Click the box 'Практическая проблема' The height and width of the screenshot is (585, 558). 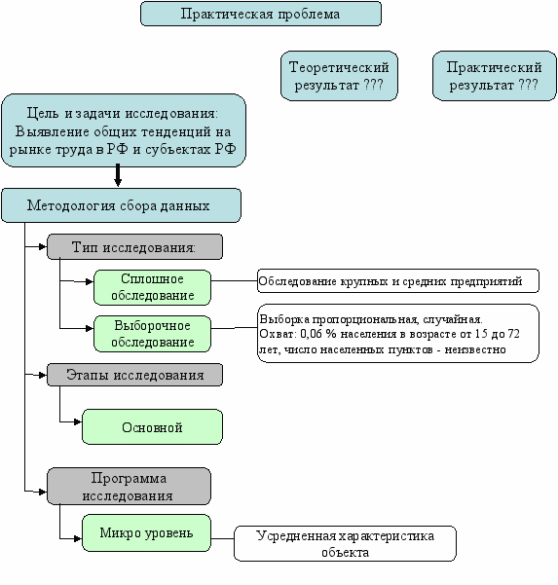coord(261,14)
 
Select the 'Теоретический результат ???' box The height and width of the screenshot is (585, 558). coord(339,76)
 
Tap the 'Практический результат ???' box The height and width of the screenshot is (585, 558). coord(494,76)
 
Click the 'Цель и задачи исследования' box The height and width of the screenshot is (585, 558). coord(124,130)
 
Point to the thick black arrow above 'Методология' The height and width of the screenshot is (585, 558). coord(118,175)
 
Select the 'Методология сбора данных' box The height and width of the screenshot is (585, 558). coord(122,205)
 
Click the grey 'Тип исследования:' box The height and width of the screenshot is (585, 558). coord(134,247)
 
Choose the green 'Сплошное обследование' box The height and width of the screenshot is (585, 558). coord(152,288)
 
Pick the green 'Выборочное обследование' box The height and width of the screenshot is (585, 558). coord(152,334)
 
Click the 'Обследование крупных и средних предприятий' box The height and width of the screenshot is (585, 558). coord(398,281)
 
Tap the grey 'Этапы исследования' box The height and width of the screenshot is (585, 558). coord(134,375)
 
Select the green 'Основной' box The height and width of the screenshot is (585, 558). coord(152,427)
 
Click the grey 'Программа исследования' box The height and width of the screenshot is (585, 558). coord(129,487)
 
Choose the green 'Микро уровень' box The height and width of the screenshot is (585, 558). coord(146,533)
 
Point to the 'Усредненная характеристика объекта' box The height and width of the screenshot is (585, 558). coord(346,543)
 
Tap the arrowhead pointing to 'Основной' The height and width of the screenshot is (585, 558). coord(78,422)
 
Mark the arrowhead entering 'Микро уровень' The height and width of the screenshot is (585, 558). coord(78,538)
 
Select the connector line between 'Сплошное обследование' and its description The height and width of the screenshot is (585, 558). coord(234,280)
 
